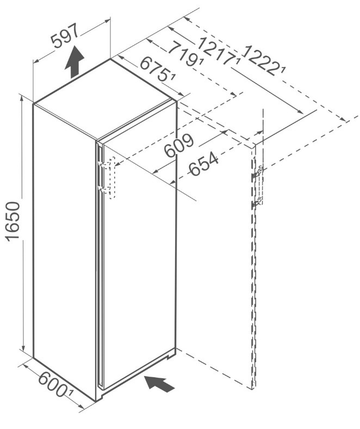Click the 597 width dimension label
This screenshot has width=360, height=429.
click(x=65, y=35)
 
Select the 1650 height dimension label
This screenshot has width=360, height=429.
click(x=13, y=222)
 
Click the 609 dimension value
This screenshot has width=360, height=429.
click(x=179, y=146)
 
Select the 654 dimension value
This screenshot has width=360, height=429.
click(x=203, y=164)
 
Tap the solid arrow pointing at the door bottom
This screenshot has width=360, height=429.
click(x=159, y=384)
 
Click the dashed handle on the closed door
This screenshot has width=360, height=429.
click(x=112, y=178)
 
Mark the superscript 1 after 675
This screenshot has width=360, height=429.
click(x=172, y=78)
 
